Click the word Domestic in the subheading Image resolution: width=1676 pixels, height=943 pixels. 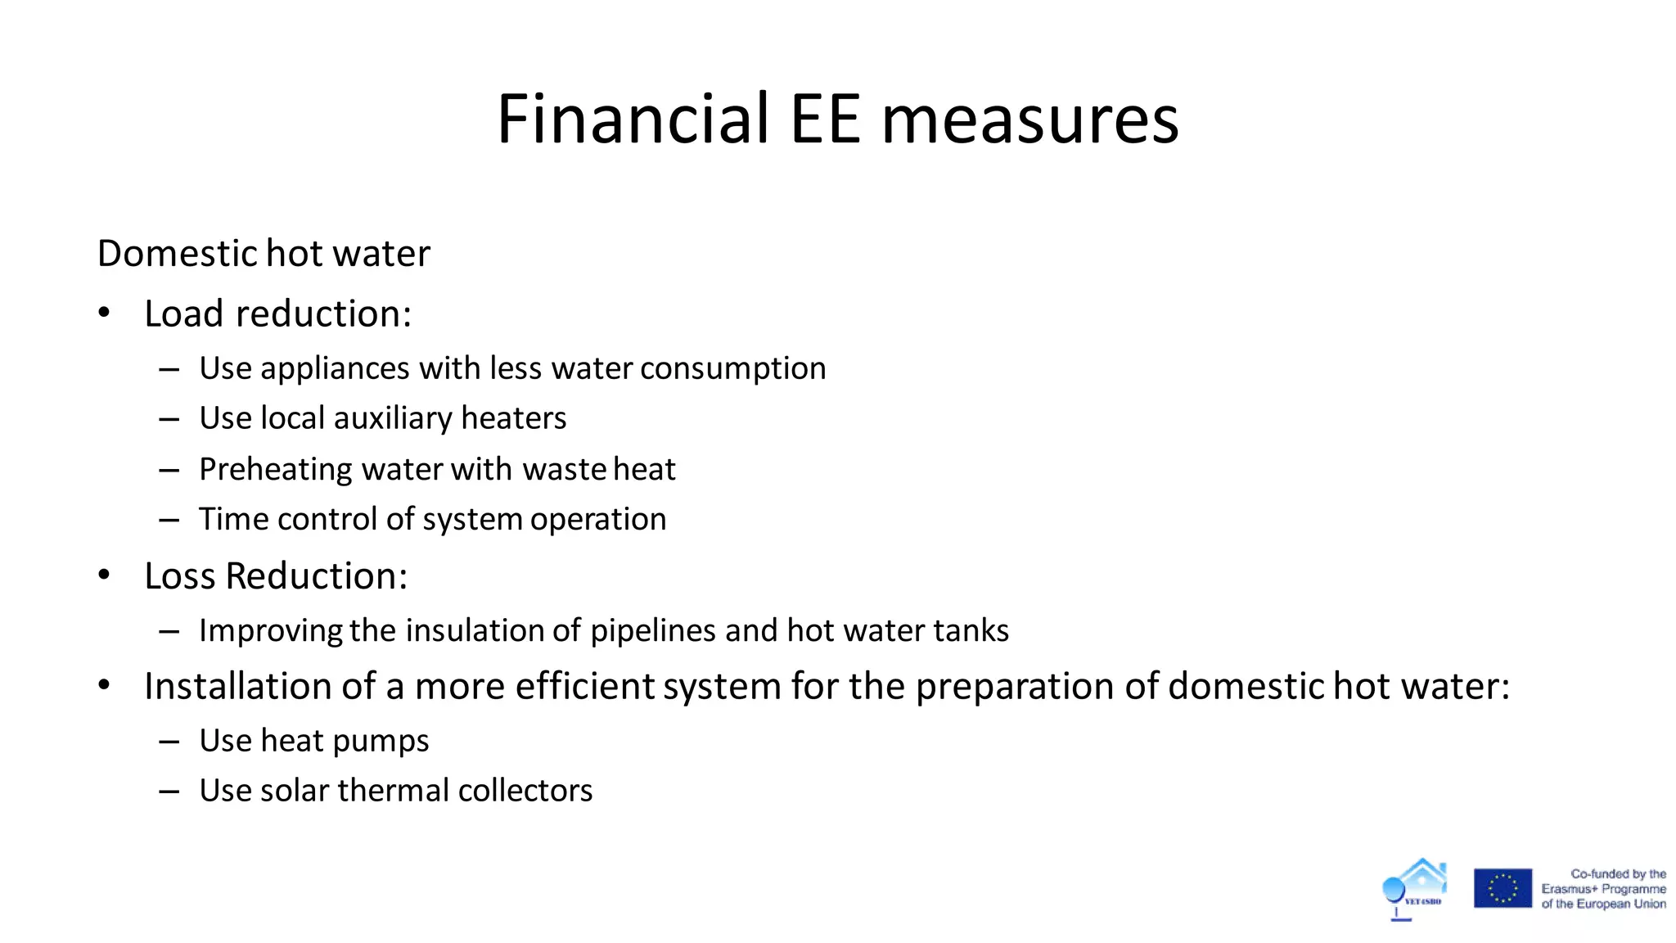[x=178, y=254]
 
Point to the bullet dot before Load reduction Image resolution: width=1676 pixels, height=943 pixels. [x=104, y=313]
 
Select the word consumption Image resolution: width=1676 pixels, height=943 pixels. [x=732, y=369]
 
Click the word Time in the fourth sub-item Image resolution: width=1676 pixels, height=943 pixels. [x=233, y=519]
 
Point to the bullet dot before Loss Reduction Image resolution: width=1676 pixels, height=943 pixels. [x=104, y=575]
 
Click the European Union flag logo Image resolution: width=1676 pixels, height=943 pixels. [x=1503, y=888]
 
